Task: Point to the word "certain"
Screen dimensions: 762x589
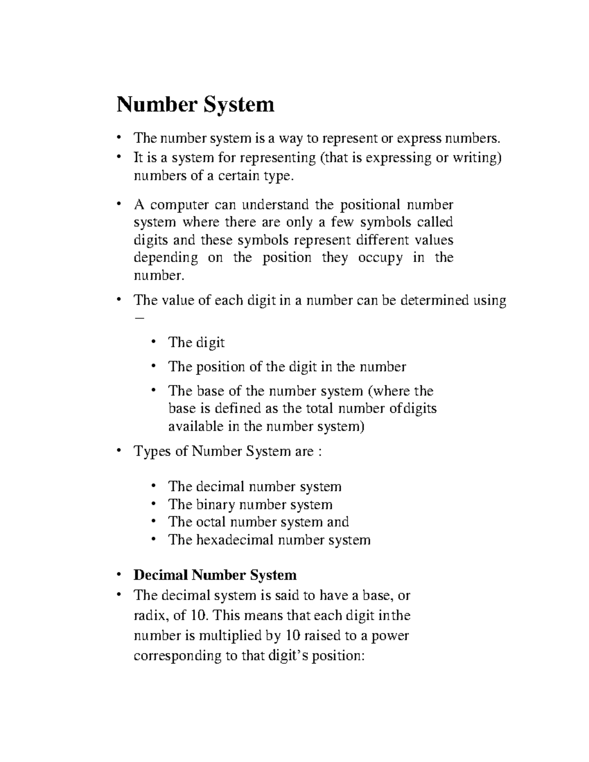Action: [x=238, y=176]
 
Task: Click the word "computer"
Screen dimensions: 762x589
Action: [x=180, y=204]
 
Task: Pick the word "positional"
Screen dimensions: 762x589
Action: [x=370, y=204]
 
